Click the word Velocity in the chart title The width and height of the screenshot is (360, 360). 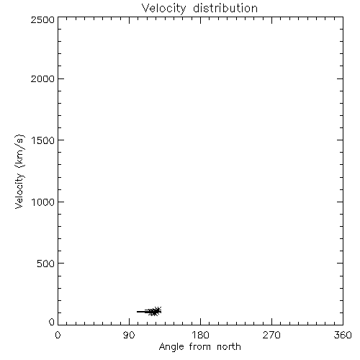(x=164, y=9)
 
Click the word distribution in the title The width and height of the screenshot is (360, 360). (x=225, y=8)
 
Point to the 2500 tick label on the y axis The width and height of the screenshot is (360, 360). (x=42, y=19)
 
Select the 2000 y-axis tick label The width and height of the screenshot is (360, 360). (x=42, y=78)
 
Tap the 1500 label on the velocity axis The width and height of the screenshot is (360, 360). (x=43, y=140)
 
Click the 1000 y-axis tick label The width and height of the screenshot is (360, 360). (x=43, y=202)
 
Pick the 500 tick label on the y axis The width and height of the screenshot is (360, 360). (x=46, y=264)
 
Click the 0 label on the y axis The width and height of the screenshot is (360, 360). (x=52, y=322)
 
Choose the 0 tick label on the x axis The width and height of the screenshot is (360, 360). (x=58, y=335)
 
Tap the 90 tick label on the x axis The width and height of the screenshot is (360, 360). (x=129, y=335)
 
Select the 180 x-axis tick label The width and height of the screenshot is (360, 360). (x=200, y=335)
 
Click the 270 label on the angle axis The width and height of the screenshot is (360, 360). (x=271, y=335)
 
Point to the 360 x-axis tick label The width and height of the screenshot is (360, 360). (x=343, y=335)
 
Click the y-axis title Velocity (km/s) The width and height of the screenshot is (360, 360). (x=19, y=171)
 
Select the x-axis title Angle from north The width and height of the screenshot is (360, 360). (x=200, y=347)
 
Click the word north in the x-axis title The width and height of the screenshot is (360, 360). (x=229, y=346)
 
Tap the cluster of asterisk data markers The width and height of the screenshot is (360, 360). (x=155, y=311)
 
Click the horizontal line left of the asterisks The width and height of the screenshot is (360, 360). (x=143, y=312)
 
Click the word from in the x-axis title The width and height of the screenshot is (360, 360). (x=200, y=346)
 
